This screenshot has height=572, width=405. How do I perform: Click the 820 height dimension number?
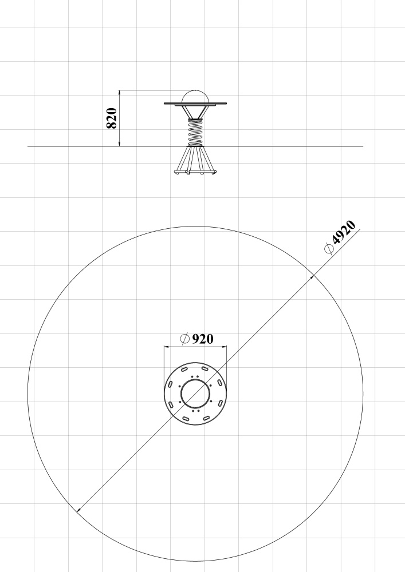[x=111, y=118]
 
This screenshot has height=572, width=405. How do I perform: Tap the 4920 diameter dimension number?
[x=344, y=232]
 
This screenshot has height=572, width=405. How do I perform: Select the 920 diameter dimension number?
[x=202, y=339]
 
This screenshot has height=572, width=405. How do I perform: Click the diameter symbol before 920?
[x=185, y=339]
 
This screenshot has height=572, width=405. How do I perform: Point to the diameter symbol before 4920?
[x=329, y=248]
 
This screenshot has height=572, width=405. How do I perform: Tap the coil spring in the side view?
[x=195, y=133]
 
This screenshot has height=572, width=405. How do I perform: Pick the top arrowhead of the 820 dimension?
[x=119, y=93]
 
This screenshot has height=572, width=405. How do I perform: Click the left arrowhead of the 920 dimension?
[x=167, y=347]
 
